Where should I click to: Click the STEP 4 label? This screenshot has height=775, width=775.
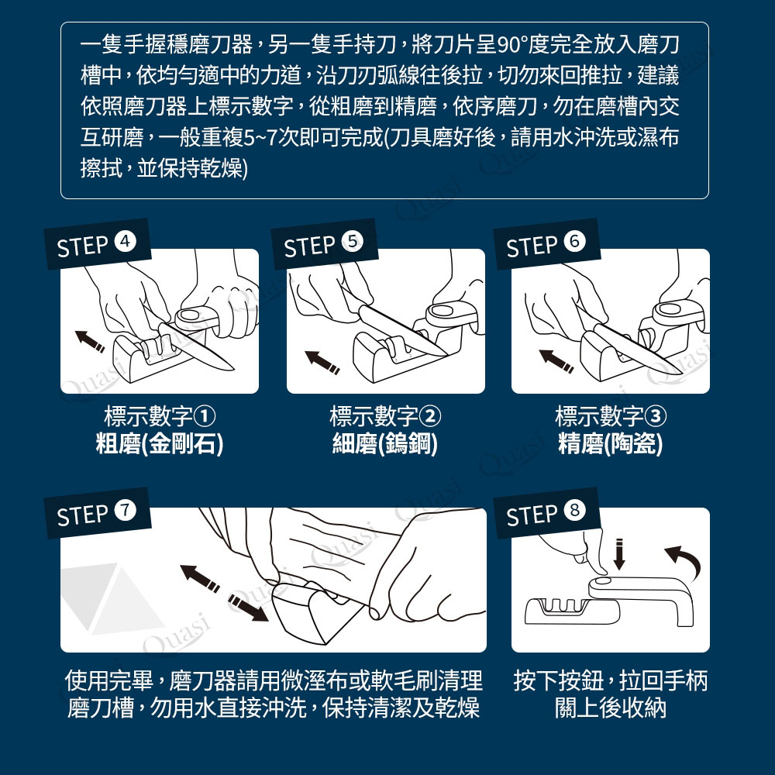point(97,244)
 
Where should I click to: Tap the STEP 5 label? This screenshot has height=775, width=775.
point(324,244)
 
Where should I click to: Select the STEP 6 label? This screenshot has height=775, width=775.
point(546,244)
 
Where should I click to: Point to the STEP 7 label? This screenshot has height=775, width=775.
point(97,513)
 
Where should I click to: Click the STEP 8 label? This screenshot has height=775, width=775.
point(546,513)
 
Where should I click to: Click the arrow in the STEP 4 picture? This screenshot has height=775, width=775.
point(89,341)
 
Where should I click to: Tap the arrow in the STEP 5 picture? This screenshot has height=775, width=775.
point(322,362)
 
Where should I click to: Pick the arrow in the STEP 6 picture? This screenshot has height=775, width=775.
point(556,361)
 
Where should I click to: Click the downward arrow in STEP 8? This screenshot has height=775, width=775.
point(618,555)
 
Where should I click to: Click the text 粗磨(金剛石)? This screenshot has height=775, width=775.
point(159,443)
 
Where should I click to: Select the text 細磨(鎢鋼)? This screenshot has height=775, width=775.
point(384,443)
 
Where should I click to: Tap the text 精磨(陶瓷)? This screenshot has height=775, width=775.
point(610,443)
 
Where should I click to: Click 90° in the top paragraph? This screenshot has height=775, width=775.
point(511,46)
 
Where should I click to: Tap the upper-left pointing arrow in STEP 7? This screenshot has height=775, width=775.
point(200,578)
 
